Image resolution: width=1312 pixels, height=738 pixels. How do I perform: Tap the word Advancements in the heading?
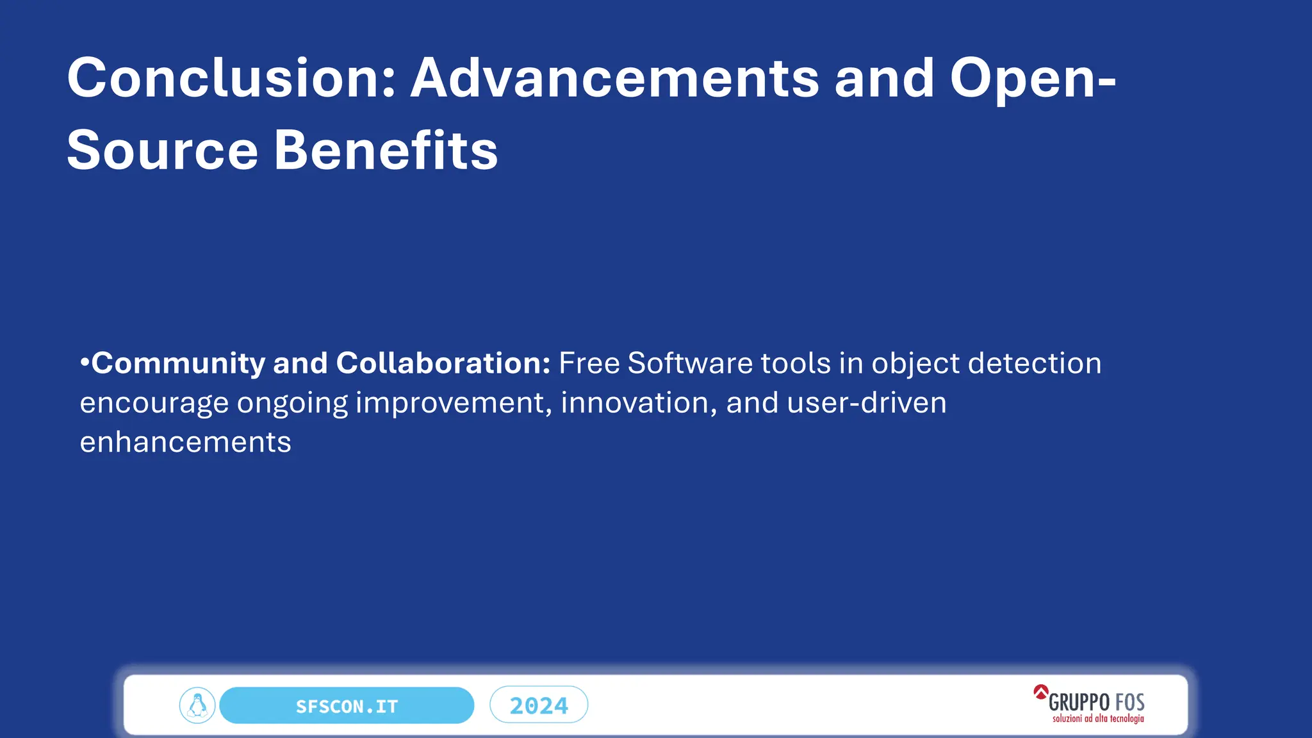tap(614, 78)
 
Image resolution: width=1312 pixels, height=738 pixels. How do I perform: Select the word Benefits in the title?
tap(386, 151)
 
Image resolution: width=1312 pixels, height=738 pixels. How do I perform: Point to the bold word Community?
tap(178, 364)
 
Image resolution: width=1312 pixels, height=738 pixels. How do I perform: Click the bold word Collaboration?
tap(443, 363)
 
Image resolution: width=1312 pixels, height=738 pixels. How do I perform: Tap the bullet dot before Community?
tap(85, 363)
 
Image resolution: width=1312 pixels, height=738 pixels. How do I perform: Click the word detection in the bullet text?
tap(1034, 363)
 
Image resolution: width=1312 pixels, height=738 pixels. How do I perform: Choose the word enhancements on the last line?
tap(185, 443)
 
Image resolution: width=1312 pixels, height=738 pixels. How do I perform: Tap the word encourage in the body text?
tap(154, 404)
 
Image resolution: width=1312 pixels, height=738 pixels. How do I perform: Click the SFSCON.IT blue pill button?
tap(347, 706)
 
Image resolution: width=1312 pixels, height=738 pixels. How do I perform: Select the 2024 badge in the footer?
tap(539, 705)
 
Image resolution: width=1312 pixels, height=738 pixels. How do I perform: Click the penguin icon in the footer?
tap(197, 705)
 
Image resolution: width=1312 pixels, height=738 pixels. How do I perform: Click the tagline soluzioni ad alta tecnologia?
tap(1097, 719)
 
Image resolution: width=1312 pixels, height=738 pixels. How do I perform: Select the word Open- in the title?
tap(1032, 78)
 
